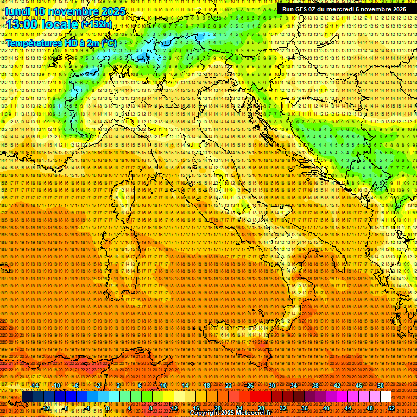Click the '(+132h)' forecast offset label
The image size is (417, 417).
97,24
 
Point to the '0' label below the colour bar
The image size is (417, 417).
108,408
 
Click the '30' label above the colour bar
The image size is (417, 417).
271,385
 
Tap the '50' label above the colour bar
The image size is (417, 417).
380,385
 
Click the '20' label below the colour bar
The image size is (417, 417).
217,408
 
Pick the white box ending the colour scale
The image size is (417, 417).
386,397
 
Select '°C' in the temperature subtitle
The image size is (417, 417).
108,43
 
